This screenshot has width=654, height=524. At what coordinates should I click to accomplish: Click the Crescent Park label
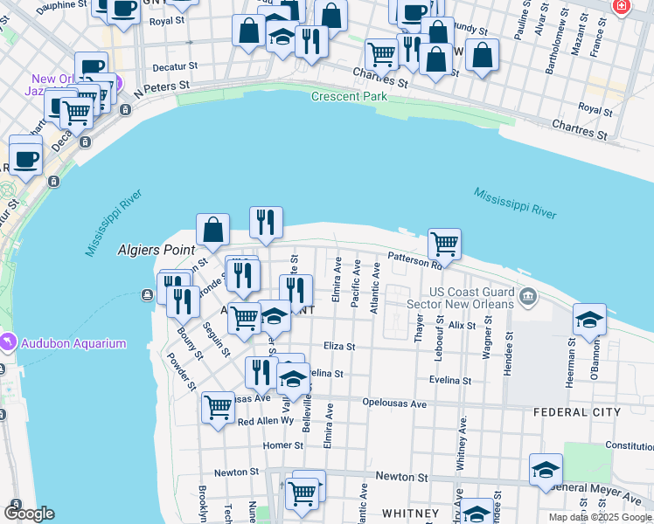pos(349,96)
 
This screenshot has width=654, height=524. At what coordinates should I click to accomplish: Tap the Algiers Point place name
pos(154,250)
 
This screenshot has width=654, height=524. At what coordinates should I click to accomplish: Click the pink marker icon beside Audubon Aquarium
pos(8,340)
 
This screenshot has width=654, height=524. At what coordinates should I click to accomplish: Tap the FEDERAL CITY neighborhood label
pos(577,411)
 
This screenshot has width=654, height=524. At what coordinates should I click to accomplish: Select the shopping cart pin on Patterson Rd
pos(445,244)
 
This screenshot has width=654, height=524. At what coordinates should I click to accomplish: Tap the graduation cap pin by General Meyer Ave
pos(546,469)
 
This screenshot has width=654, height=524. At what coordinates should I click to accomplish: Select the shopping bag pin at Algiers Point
pos(212,230)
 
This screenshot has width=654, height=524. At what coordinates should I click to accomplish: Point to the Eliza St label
pos(339,346)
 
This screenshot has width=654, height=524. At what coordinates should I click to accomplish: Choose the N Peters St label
pos(160,86)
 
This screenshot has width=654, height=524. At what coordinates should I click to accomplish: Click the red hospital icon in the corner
pos(622,6)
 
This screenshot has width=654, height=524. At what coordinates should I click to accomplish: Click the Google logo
pos(29,513)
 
